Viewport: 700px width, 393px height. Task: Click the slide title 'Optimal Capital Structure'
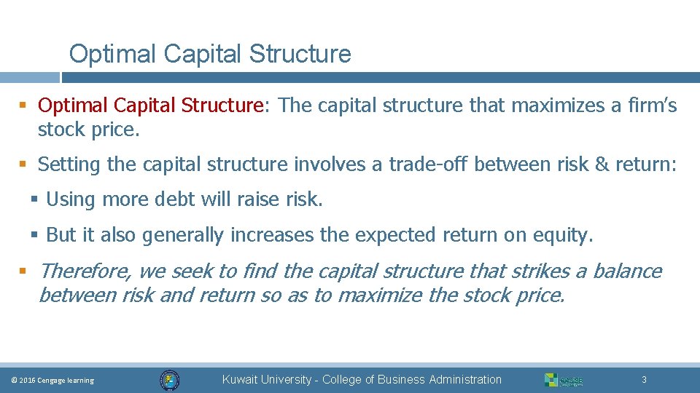point(209,54)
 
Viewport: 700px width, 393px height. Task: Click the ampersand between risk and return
point(602,164)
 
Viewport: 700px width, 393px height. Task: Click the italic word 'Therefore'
point(85,271)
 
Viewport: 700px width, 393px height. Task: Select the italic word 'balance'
point(627,271)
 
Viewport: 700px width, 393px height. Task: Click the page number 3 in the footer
point(644,380)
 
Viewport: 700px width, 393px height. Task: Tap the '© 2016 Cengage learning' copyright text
point(52,381)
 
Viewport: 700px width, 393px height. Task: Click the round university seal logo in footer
point(169,380)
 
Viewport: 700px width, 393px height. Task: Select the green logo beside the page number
point(563,380)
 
